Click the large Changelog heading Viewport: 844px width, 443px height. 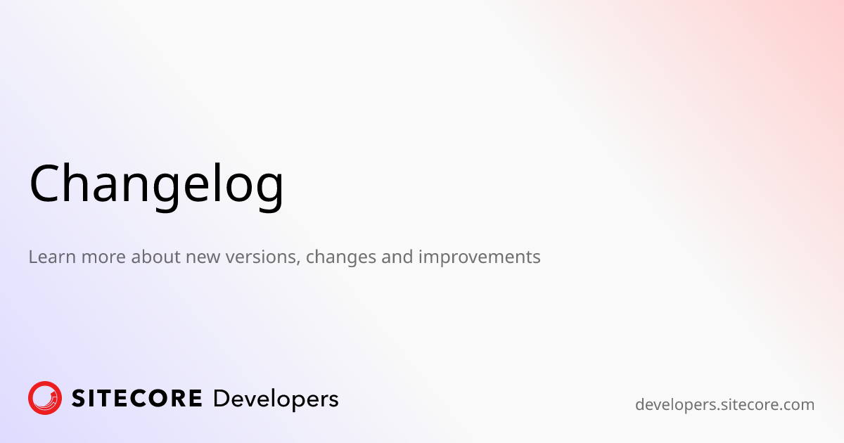coord(156,184)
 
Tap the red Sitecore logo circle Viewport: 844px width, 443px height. coord(45,398)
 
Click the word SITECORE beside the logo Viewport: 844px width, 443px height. coord(137,399)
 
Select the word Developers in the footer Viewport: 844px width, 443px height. coord(276,399)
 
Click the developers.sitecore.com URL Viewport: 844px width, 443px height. coord(724,405)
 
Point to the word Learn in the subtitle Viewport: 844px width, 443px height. coord(52,257)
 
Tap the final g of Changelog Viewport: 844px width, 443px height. coord(268,190)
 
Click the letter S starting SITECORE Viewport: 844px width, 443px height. coord(79,399)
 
